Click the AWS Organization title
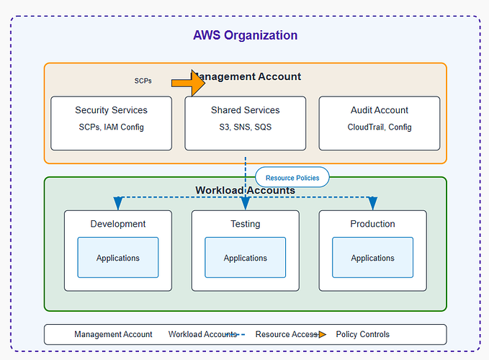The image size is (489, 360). (x=245, y=35)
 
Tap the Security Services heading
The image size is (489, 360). (x=111, y=110)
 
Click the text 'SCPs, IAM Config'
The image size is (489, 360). (x=111, y=127)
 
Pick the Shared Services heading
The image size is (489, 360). (x=245, y=110)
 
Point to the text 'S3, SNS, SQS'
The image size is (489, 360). (x=245, y=127)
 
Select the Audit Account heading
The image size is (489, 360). (x=379, y=110)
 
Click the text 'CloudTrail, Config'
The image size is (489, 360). (x=379, y=127)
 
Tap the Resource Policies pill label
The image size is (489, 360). (x=292, y=177)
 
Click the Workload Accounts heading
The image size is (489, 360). (x=245, y=191)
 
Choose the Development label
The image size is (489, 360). (x=118, y=224)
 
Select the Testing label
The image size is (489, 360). (x=245, y=224)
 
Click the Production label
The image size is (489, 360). (x=372, y=224)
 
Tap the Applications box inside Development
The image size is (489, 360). (x=118, y=258)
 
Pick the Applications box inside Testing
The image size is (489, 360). (x=245, y=258)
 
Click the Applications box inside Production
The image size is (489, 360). (x=372, y=258)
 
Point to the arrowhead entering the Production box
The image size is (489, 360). (x=372, y=204)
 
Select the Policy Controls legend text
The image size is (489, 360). (x=362, y=334)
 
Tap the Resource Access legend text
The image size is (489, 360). (x=286, y=334)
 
